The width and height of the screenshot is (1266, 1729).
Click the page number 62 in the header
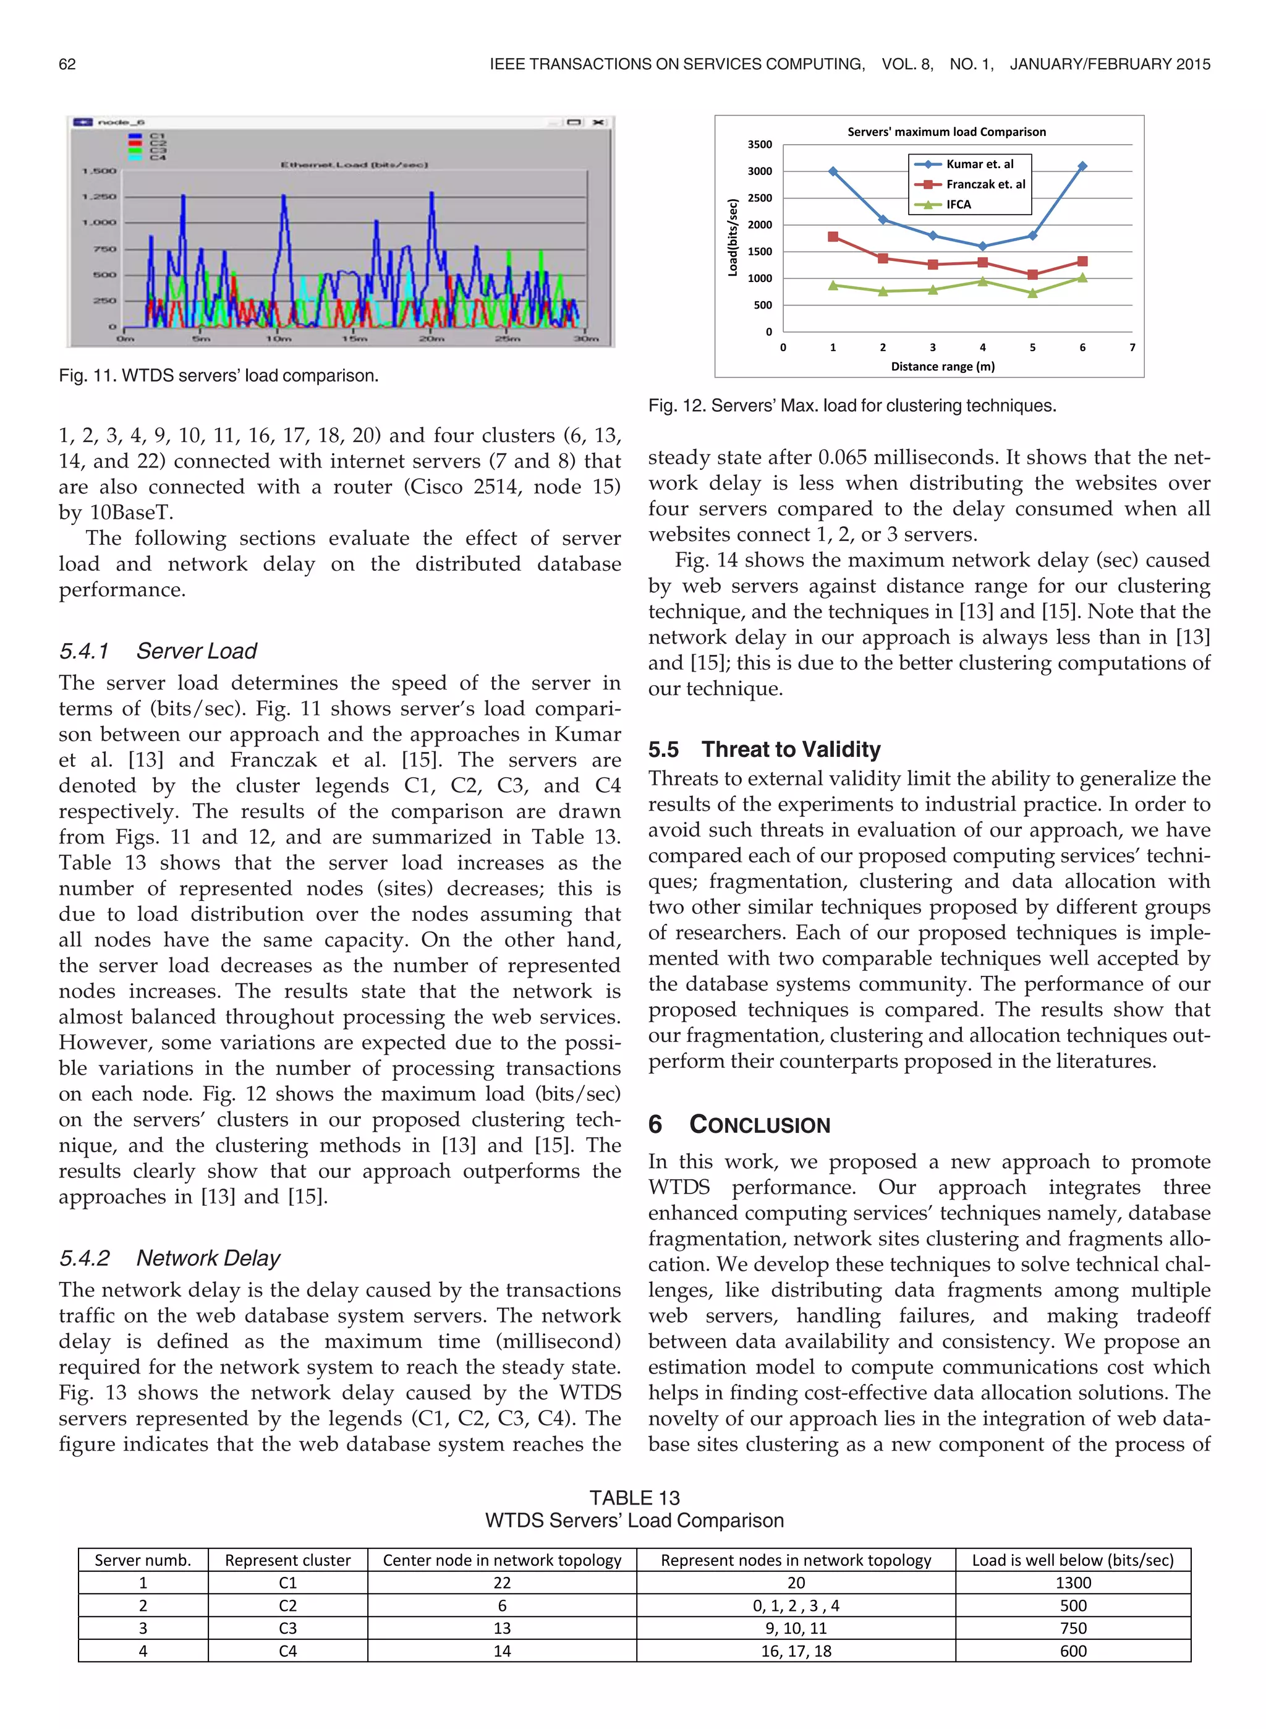[67, 64]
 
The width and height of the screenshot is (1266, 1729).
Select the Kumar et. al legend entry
[979, 164]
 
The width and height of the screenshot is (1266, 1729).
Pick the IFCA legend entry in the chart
[958, 205]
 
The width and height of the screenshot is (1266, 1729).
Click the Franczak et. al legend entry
[985, 184]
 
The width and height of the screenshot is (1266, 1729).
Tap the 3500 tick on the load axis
[760, 144]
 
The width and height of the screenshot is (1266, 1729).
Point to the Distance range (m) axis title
[943, 366]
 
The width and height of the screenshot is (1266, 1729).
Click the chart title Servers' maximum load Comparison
[946, 132]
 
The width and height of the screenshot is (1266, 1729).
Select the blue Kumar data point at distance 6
[1082, 166]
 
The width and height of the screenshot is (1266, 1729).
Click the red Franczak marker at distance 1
[833, 237]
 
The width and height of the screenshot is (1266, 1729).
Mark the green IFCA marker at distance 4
[982, 281]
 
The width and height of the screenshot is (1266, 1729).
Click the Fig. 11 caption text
[218, 375]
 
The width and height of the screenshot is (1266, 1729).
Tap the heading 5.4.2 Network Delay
[169, 1258]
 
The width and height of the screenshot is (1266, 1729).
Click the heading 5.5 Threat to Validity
[764, 749]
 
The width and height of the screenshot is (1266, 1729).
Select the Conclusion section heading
[739, 1124]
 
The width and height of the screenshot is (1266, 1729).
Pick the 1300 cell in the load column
[1073, 1582]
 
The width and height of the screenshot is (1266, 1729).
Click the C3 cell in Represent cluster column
[287, 1628]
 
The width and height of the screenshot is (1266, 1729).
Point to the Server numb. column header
[143, 1560]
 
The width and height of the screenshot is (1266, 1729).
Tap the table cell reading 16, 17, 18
[796, 1651]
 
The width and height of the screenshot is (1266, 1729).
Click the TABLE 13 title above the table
[634, 1498]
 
